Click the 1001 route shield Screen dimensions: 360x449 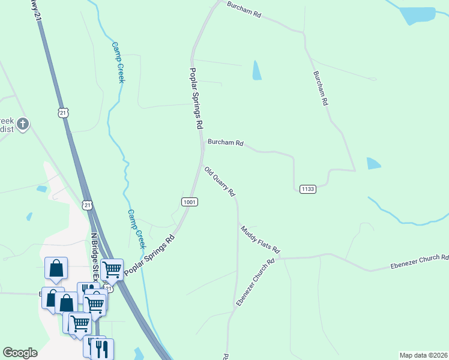[189, 202]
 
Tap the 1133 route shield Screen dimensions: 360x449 [307, 189]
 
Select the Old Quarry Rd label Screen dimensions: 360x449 [219, 182]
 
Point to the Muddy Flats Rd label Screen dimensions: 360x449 [261, 239]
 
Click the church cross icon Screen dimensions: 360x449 [23, 125]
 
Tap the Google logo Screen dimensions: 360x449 [20, 353]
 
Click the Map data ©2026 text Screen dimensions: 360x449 [423, 355]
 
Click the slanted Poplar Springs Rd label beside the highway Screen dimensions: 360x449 [149, 256]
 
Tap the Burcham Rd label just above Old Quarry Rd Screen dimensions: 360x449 [225, 143]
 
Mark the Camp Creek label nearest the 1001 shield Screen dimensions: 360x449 [136, 229]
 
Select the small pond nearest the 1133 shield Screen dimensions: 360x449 [373, 163]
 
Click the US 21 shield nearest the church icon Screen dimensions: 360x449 [64, 112]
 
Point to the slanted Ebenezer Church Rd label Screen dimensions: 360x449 [255, 282]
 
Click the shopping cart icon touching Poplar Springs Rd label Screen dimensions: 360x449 [112, 269]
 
